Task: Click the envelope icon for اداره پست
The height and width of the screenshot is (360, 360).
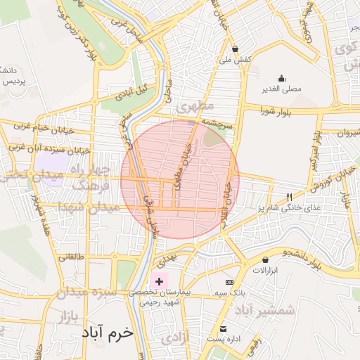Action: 223,329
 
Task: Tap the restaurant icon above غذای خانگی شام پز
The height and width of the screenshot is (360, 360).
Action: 289,197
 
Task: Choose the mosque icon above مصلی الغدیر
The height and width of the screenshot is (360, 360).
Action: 281,78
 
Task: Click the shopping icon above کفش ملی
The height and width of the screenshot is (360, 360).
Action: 235,49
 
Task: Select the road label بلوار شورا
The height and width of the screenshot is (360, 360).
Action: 275,111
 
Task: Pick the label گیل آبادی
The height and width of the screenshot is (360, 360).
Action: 134,91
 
